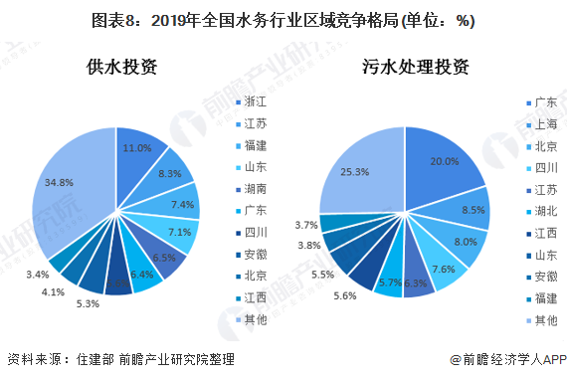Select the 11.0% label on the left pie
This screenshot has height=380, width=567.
pyautogui.click(x=136, y=148)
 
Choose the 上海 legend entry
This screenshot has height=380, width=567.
pyautogui.click(x=544, y=124)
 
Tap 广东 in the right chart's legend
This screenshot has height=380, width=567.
pyautogui.click(x=544, y=102)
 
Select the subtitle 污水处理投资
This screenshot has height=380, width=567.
pyautogui.click(x=416, y=68)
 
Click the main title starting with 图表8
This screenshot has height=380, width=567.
pyautogui.click(x=283, y=19)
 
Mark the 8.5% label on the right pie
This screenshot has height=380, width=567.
pyautogui.click(x=473, y=210)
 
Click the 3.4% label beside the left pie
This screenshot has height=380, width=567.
pyautogui.click(x=38, y=275)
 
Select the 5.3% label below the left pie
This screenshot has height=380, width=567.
pyautogui.click(x=86, y=303)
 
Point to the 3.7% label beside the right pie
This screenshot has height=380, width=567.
pyautogui.click(x=306, y=225)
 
